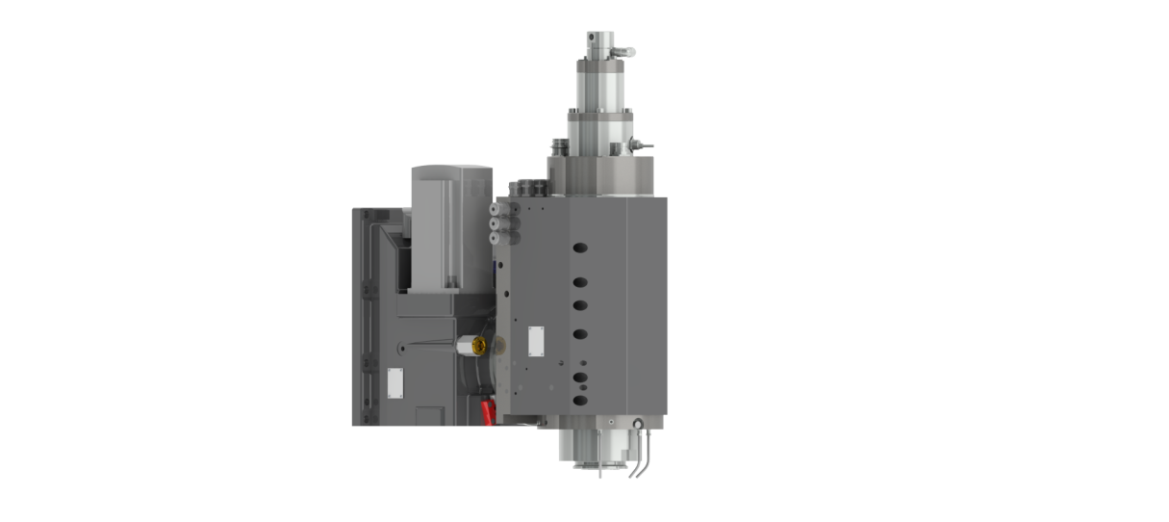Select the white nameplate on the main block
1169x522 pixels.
coord(535,339)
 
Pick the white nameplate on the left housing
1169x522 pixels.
coord(394,381)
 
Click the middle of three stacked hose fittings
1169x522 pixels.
coord(496,224)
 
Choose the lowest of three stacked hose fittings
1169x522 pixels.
coord(496,237)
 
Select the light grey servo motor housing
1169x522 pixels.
coord(450,226)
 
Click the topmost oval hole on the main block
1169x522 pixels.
coord(579,248)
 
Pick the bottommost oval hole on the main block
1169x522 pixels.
coord(579,400)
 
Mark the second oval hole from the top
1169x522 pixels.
coord(579,282)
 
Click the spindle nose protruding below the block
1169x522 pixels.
coord(597,449)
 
